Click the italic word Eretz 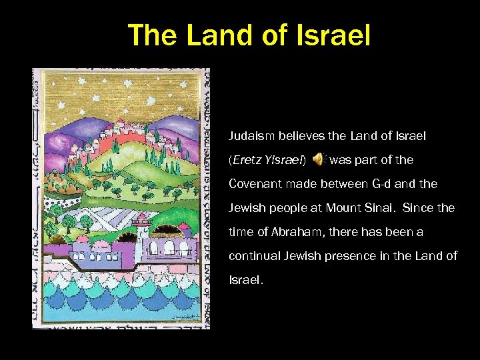point(246,160)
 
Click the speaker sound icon point(319,159)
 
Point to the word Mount point(344,208)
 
